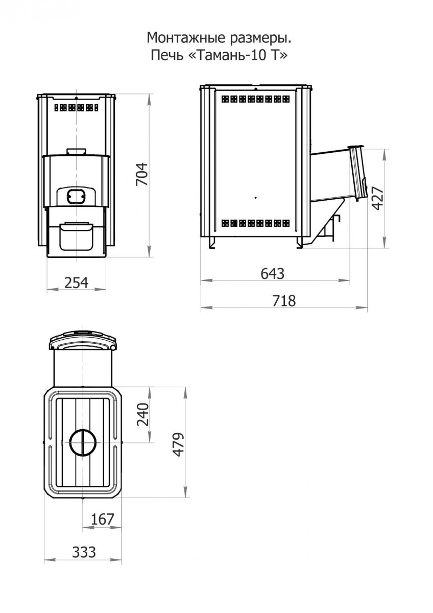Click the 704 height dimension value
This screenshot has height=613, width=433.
[142, 174]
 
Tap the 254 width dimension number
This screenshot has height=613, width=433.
[76, 282]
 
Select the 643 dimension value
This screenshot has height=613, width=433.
[273, 273]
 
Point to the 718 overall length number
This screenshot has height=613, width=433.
[284, 300]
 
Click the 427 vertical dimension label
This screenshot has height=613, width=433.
[378, 198]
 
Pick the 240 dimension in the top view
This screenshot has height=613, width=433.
[143, 414]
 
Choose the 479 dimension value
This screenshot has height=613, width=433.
[179, 444]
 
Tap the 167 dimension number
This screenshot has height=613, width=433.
[102, 519]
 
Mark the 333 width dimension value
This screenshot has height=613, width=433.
[84, 552]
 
